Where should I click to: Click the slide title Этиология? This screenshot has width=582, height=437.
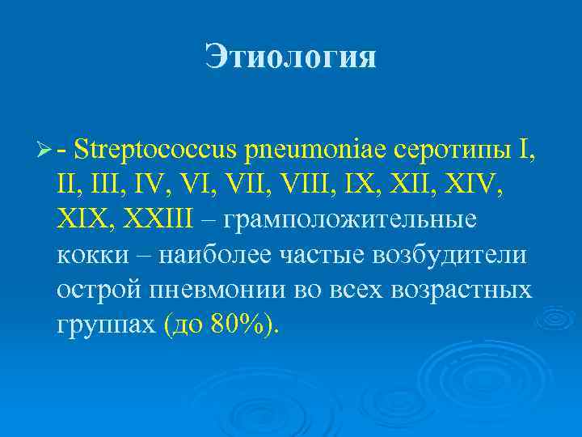click(x=290, y=57)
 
